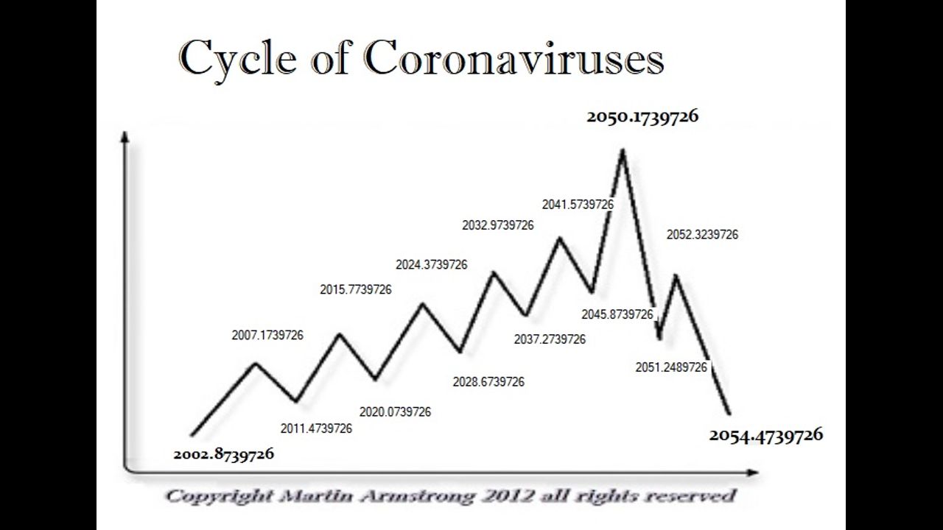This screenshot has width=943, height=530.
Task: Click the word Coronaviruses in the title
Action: [513, 58]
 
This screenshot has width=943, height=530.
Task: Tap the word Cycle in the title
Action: [236, 60]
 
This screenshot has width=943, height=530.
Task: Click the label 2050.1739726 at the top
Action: [642, 116]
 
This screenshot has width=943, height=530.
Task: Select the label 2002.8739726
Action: [223, 454]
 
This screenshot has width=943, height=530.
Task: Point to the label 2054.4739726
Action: [766, 435]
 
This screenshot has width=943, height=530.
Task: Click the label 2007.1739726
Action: [267, 335]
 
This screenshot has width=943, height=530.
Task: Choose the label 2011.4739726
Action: [317, 428]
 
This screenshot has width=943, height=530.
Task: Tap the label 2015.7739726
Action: [356, 289]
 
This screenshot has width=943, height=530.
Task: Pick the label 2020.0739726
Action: [395, 411]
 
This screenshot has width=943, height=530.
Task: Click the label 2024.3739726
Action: [431, 264]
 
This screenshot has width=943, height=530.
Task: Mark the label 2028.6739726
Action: [488, 382]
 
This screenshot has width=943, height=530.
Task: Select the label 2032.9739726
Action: [498, 225]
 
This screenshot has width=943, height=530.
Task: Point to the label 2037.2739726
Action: [550, 339]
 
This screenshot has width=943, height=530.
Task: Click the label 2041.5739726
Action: [578, 204]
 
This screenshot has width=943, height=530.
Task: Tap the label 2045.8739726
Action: [617, 314]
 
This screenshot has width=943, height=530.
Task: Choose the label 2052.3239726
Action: [702, 235]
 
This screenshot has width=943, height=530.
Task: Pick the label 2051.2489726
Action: [671, 367]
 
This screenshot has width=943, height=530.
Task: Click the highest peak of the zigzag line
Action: [623, 150]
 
